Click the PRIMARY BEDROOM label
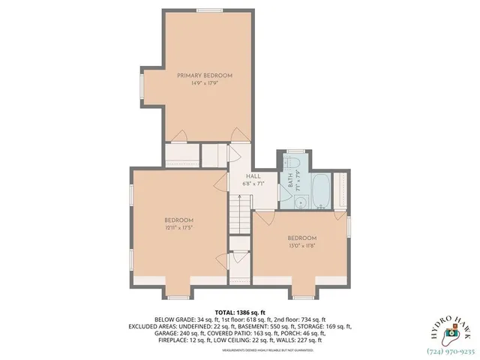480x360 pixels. pos(204,76)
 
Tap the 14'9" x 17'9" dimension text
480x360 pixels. pos(204,84)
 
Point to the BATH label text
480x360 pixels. pos(289,181)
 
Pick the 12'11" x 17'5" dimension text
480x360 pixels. pos(178,228)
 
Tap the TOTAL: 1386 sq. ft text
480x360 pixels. pos(239,312)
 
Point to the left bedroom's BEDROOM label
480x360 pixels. pos(178,220)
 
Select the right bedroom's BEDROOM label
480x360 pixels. pos(301,237)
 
